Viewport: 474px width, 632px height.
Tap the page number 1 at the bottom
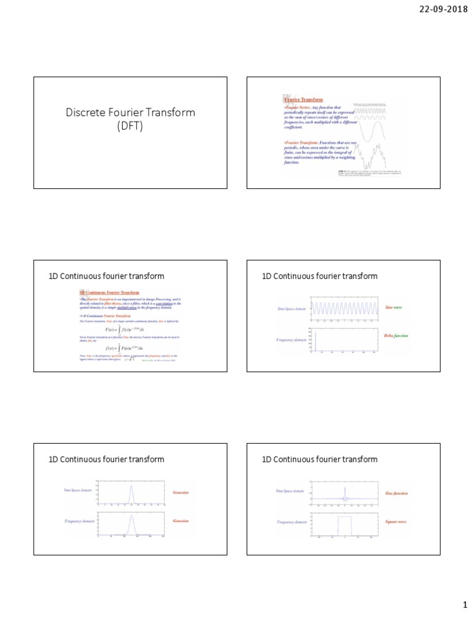tap(465, 606)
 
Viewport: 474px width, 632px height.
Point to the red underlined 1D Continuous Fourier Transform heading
tap(109, 292)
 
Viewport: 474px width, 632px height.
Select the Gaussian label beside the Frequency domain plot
tap(181, 521)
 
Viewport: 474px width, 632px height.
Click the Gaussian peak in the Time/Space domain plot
tap(131, 493)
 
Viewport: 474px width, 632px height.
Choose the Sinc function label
tap(396, 493)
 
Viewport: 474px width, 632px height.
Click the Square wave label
tap(396, 522)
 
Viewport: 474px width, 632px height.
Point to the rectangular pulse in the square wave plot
tap(344, 525)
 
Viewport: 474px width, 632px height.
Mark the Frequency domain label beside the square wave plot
tap(292, 522)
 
